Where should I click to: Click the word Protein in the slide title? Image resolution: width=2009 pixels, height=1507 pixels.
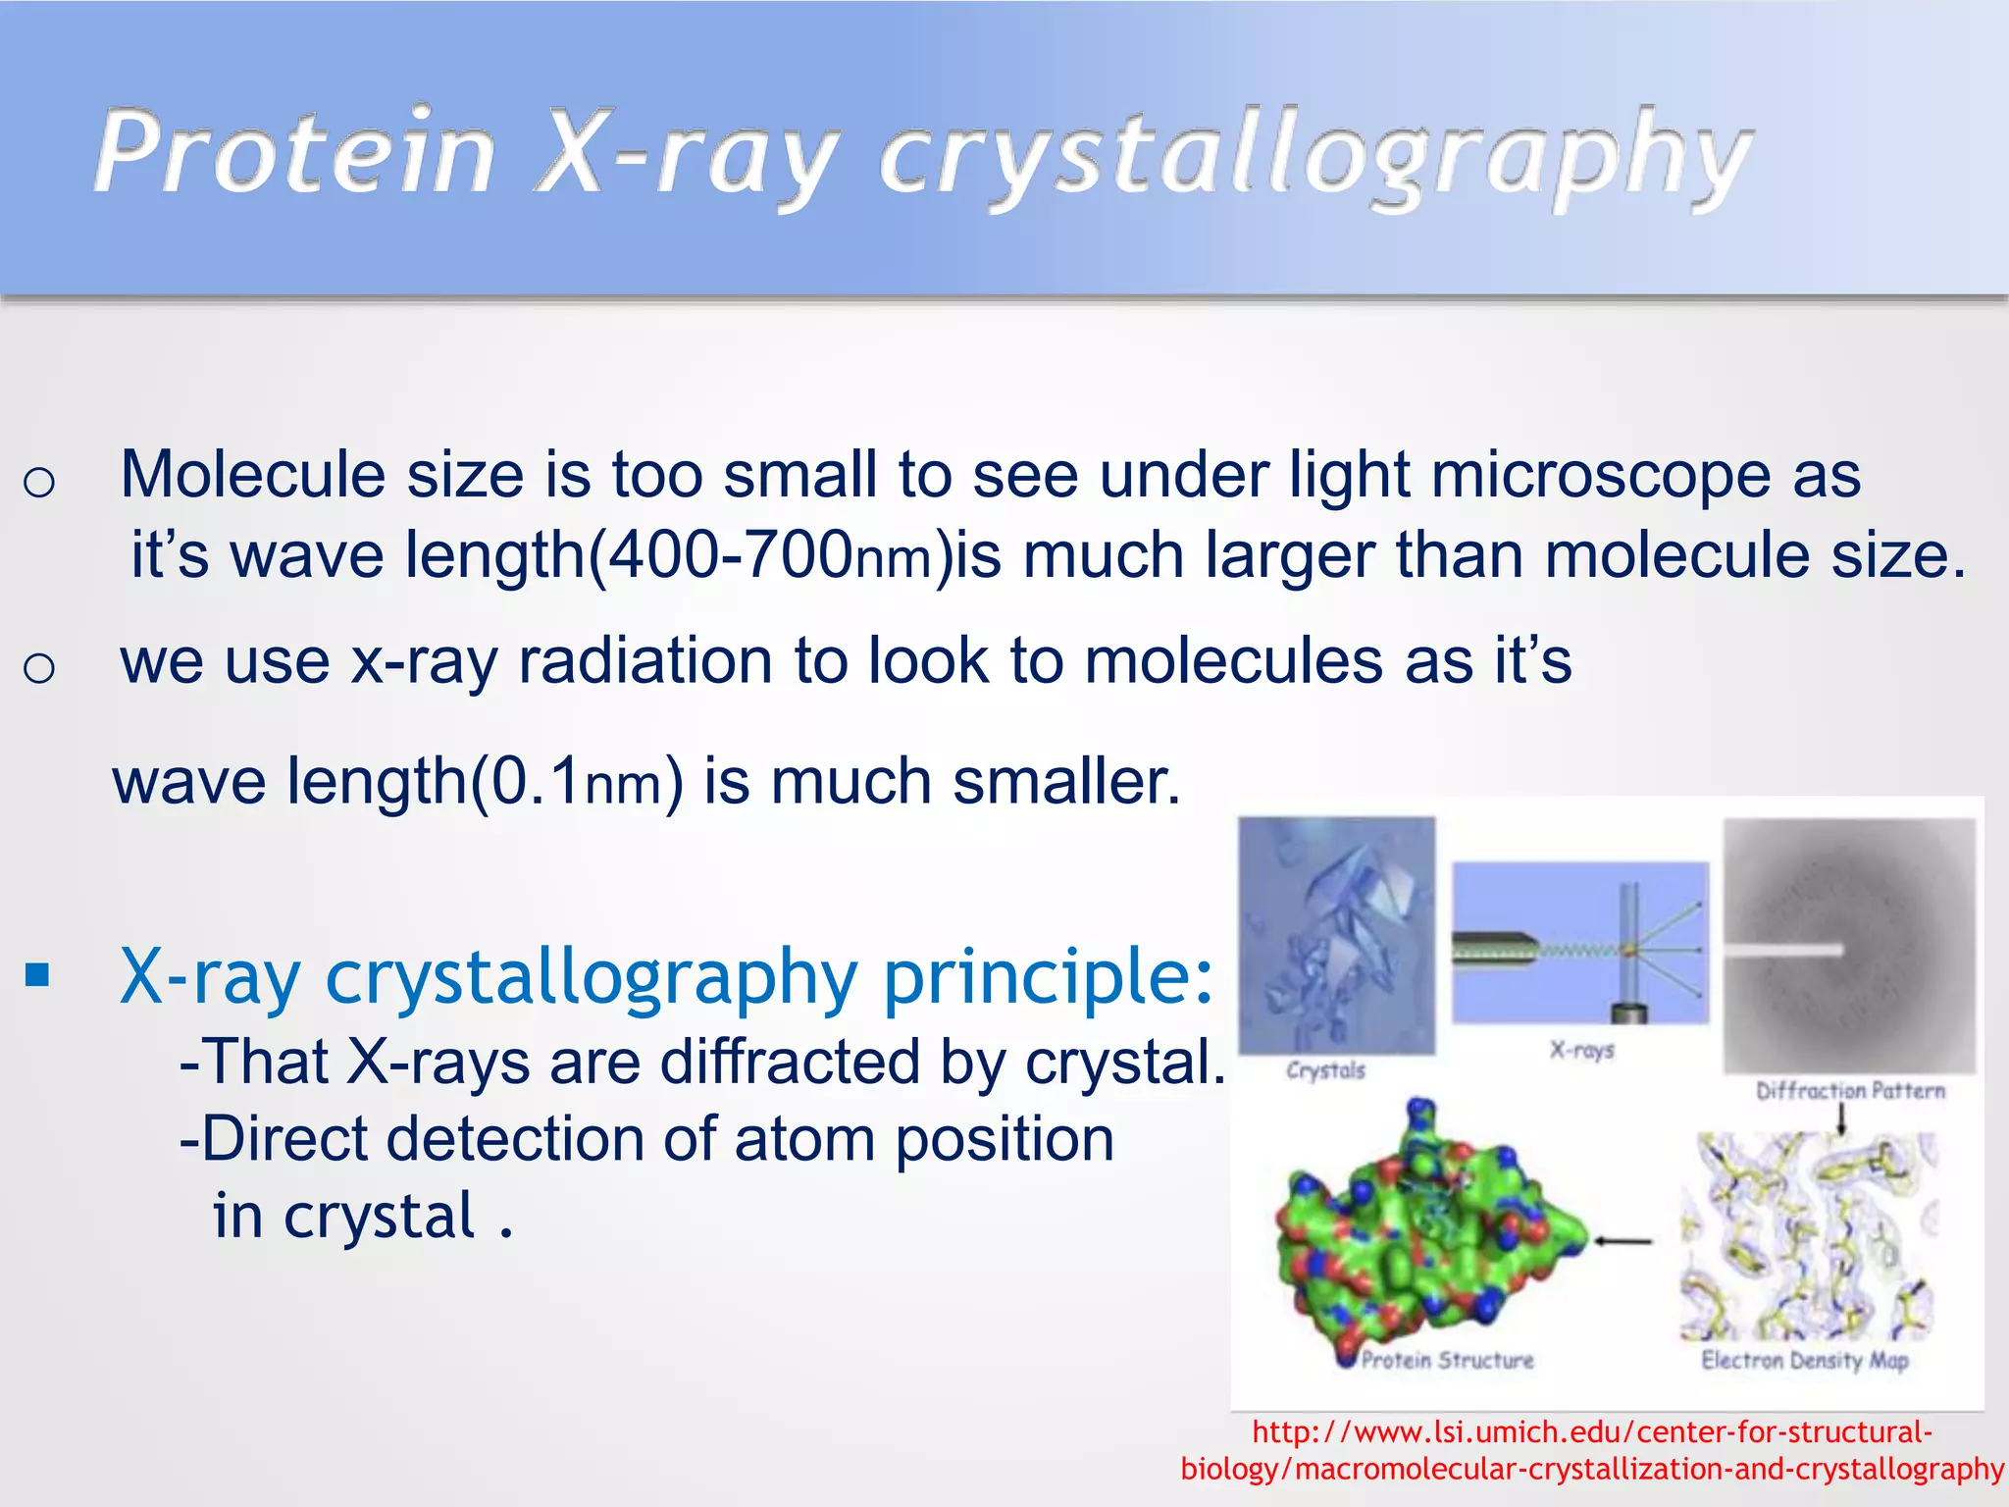(294, 154)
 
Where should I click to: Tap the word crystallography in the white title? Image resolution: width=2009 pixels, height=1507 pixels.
(1314, 157)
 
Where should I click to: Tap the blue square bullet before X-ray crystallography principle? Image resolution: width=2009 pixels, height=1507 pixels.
(38, 975)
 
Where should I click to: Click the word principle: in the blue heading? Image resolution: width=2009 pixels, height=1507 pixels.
(1049, 977)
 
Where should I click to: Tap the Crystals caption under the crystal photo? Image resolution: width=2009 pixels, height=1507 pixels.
(1325, 1070)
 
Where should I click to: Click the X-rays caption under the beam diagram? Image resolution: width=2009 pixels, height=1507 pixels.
(1581, 1050)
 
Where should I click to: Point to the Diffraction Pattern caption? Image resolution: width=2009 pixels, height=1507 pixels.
(1849, 1091)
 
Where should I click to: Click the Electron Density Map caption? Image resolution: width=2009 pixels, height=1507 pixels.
(1804, 1361)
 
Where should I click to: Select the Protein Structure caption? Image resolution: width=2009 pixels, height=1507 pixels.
(1447, 1361)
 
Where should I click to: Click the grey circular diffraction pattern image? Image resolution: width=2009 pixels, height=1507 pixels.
(1849, 947)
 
